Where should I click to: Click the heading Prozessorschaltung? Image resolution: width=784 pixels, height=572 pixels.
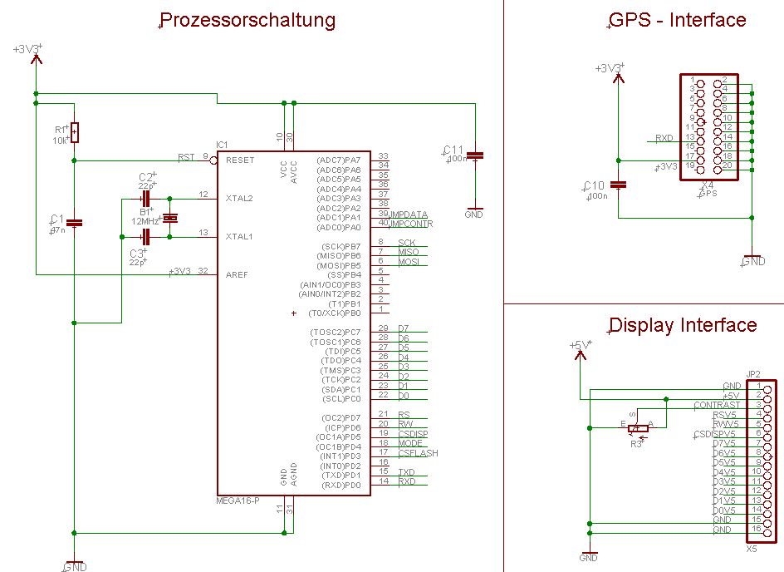click(247, 20)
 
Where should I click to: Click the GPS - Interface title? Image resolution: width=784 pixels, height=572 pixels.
click(678, 20)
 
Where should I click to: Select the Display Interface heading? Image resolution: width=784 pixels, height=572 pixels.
click(683, 325)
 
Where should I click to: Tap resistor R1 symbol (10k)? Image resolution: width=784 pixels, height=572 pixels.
click(75, 131)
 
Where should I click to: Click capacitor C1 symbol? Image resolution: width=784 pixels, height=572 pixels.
click(75, 222)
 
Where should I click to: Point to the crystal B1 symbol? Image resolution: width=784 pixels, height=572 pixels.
click(169, 218)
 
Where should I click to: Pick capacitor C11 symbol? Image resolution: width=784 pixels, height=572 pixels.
click(475, 155)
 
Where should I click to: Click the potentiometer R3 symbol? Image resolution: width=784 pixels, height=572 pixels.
click(637, 429)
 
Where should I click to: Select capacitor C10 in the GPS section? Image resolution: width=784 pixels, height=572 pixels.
click(618, 185)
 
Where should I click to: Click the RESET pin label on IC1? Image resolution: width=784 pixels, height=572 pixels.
click(240, 160)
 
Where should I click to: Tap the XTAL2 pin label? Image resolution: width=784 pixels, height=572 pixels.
click(239, 198)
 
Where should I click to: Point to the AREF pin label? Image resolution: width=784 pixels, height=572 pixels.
click(237, 274)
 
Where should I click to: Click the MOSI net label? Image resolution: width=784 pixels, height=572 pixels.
click(409, 262)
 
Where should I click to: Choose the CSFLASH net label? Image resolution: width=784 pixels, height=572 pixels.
click(418, 453)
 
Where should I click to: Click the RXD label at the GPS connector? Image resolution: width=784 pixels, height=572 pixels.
click(664, 138)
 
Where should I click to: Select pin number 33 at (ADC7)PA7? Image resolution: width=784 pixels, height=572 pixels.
click(383, 156)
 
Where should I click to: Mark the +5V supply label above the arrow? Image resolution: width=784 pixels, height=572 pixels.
click(580, 345)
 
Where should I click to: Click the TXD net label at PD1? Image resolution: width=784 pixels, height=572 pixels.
click(407, 472)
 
